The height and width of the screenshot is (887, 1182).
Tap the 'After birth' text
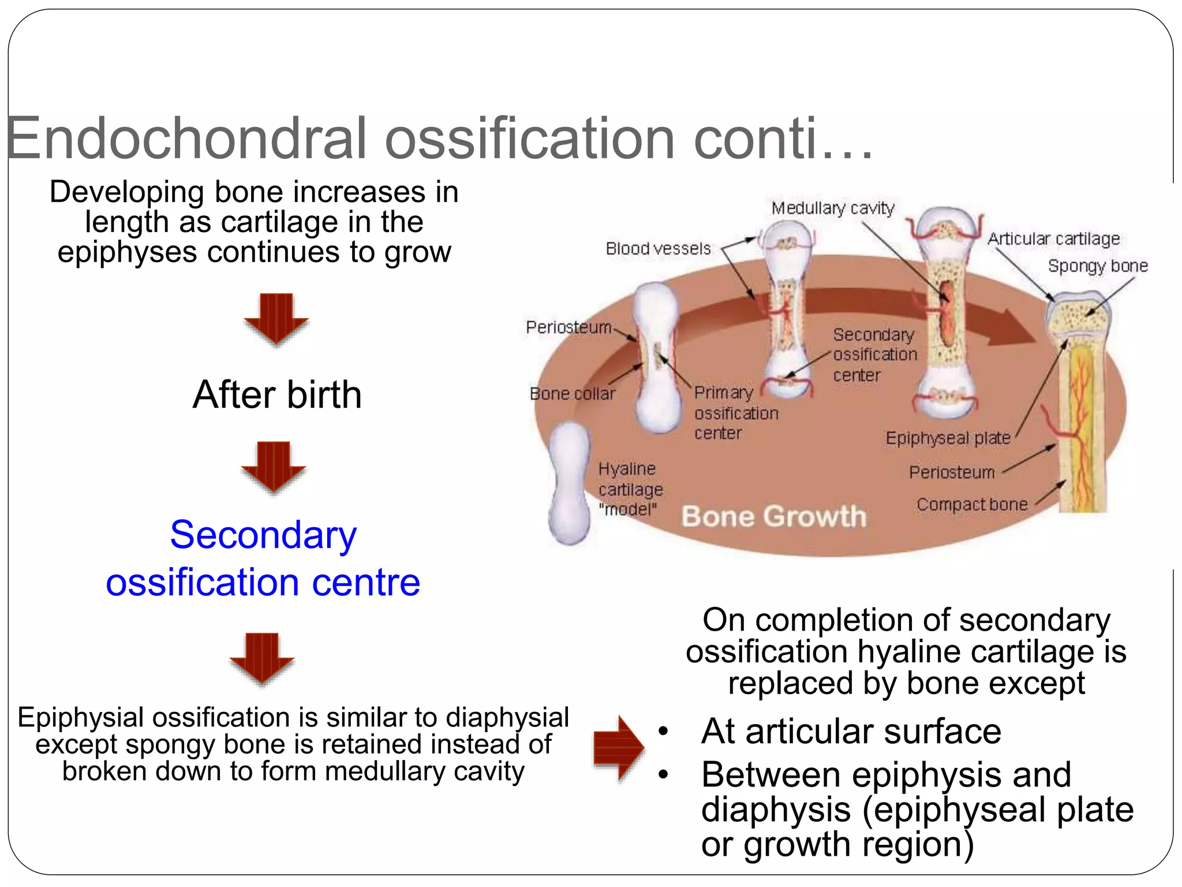pos(277,395)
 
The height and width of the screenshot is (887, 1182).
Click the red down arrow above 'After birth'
pos(276,318)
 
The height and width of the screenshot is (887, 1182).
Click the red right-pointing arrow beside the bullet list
pos(618,748)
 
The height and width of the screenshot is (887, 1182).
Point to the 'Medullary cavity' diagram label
pos(832,208)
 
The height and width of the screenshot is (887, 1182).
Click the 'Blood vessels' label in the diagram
pos(658,249)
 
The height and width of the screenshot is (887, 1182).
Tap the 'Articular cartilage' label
pos(1053,238)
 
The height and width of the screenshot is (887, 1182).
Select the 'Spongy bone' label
pos(1097,266)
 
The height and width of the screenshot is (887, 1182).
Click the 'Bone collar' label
pos(572,394)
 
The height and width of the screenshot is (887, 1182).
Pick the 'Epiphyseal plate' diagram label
pos(948,438)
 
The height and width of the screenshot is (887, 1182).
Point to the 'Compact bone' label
pos(972,505)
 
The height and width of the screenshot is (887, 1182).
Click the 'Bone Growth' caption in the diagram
pos(773,516)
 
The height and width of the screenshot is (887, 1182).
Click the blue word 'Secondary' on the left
pos(263,535)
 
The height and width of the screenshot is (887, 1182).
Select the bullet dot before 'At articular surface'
pos(663,732)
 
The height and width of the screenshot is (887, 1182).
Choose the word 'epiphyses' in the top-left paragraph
pos(127,252)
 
